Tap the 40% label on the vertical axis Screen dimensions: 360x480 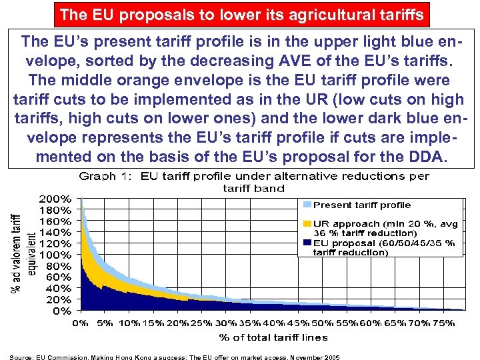coord(59,288)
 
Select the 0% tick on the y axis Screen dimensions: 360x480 coord(62,311)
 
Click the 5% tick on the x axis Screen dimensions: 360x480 coord(105,323)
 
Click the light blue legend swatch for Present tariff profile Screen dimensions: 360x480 coord(307,205)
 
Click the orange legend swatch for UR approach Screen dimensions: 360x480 coord(307,223)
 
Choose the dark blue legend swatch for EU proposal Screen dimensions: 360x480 coord(307,243)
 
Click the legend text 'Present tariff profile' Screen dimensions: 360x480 coord(362,205)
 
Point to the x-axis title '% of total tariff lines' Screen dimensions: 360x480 coord(274,337)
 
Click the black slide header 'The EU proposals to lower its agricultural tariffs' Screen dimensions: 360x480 coord(241,13)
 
